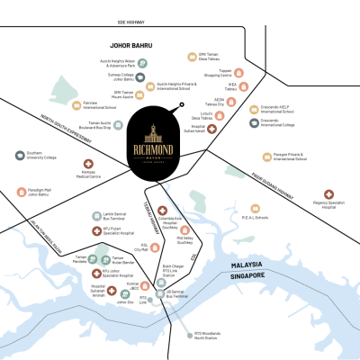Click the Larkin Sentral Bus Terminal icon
[96, 217]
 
